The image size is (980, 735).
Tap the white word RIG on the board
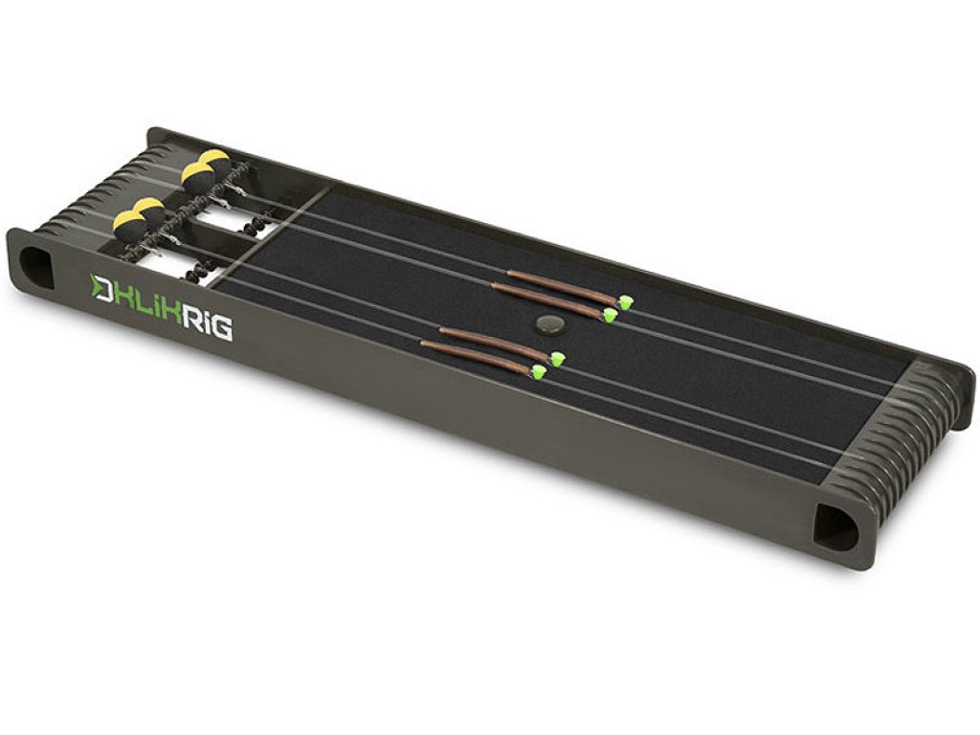207,323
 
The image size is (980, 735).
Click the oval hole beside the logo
35,268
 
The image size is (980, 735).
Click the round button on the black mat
550,323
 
